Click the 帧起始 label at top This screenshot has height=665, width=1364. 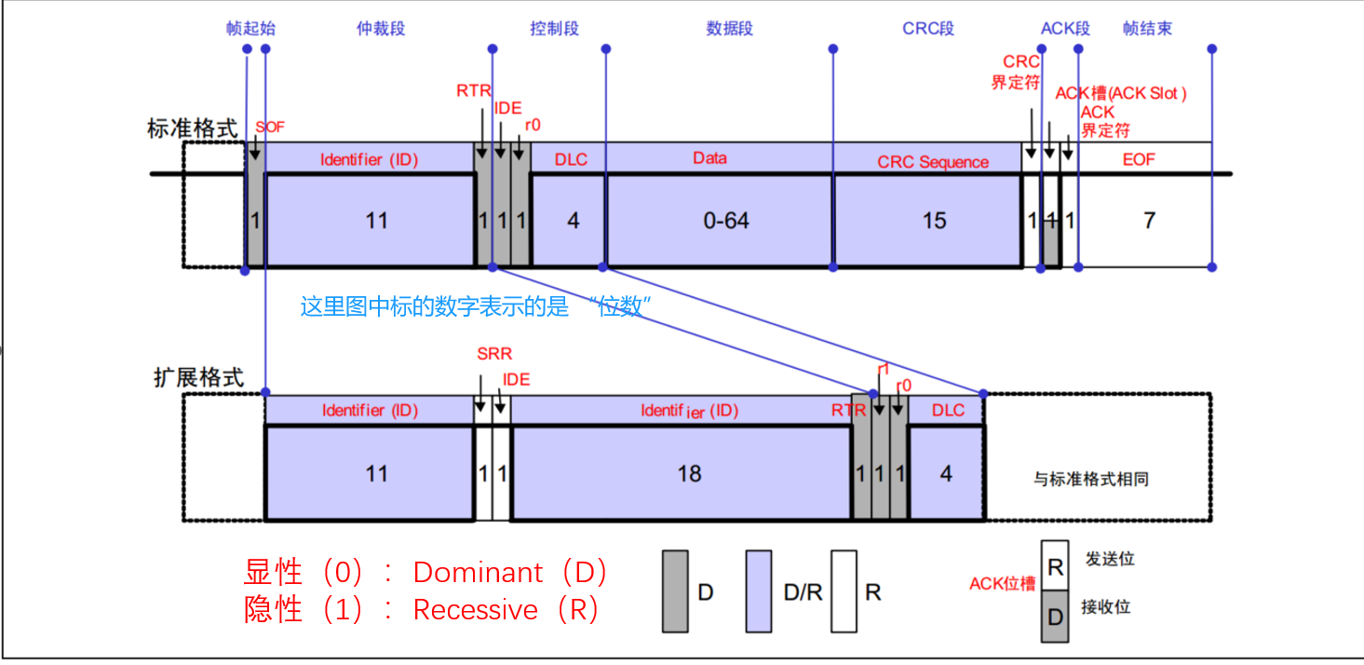coord(250,28)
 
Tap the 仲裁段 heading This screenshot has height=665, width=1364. coord(381,28)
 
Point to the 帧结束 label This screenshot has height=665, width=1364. coord(1147,28)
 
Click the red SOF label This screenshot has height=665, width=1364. coord(269,127)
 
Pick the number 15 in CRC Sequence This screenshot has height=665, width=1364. coord(934,221)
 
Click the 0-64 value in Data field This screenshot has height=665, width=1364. coord(725,221)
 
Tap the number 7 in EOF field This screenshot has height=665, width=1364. coord(1149,221)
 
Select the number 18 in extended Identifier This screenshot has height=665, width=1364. coord(689,474)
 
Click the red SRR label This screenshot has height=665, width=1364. coord(494,355)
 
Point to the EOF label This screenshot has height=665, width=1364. coord(1138,159)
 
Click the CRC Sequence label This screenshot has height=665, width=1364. coord(933,162)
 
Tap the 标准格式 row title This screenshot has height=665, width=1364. coord(193,129)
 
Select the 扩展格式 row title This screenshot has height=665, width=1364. coord(198,377)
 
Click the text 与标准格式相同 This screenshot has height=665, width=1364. coord(1090,479)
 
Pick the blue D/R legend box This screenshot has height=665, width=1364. coord(759,591)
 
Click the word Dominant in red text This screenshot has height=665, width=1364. coord(478,572)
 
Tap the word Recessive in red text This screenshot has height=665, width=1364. coord(476,610)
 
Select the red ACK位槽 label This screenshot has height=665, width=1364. coord(1002,584)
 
